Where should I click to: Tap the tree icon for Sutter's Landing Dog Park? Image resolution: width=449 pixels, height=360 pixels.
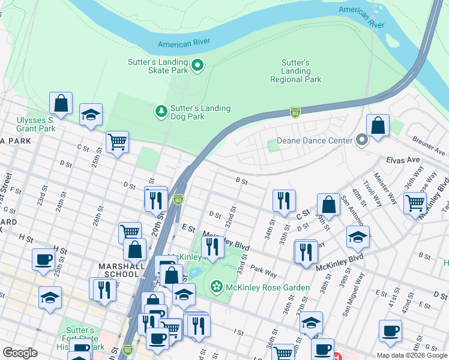pos(161,111)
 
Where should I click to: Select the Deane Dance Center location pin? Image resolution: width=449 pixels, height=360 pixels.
pos(361,140)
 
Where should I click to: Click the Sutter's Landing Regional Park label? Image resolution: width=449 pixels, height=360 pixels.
pos(295,71)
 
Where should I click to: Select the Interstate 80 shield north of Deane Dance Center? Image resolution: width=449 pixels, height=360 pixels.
pos(294,112)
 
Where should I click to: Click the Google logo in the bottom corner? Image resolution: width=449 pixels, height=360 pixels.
pos(20,352)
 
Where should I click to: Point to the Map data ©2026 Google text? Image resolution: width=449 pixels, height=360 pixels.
pos(411,355)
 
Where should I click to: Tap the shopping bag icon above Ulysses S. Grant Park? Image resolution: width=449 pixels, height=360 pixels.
pos(61,103)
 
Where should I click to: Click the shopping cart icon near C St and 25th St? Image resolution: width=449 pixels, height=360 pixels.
pos(117,142)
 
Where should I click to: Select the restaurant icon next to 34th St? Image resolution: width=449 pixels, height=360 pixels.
pos(283,200)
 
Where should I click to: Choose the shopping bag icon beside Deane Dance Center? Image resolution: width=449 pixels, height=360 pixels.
pos(378,126)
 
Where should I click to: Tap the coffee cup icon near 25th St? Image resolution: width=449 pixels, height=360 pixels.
pos(44,260)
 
